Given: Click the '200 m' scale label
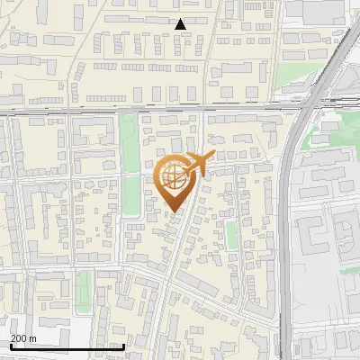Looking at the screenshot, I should [x=23, y=337].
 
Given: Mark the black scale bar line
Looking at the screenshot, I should [x=67, y=346].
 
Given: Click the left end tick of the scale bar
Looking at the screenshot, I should [x=12, y=346].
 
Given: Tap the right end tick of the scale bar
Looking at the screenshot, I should [x=123, y=346].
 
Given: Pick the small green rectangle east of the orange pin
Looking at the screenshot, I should [x=231, y=234].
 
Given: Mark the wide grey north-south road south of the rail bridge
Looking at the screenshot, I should [x=287, y=234].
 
